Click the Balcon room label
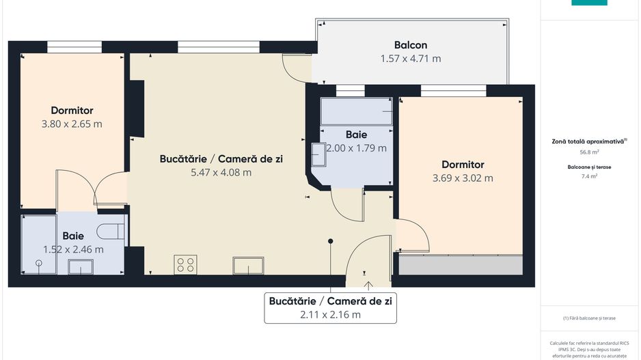[x=411, y=45]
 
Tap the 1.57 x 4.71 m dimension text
[x=411, y=59]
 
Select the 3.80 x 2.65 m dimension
[x=72, y=124]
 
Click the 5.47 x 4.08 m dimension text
[x=221, y=172]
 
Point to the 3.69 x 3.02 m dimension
[x=463, y=178]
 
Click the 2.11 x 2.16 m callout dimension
[x=330, y=315]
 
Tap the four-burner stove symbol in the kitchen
[x=185, y=264]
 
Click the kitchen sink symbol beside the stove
[x=248, y=265]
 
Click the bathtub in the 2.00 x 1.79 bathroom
[x=356, y=111]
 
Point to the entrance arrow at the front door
[x=368, y=286]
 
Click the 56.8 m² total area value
[x=590, y=153]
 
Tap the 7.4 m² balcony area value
[x=590, y=176]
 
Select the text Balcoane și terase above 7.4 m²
[x=590, y=166]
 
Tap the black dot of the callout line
[x=331, y=240]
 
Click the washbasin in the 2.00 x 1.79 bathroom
[x=319, y=154]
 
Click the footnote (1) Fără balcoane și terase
[x=590, y=318]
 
